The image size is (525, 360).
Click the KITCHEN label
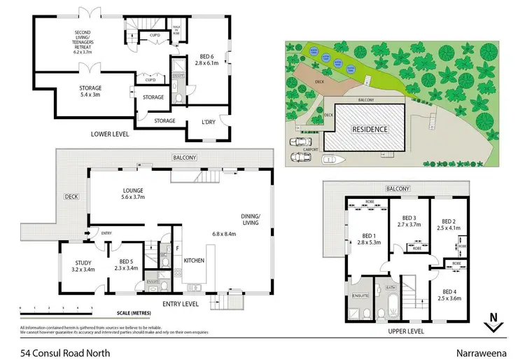[x=194, y=260]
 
